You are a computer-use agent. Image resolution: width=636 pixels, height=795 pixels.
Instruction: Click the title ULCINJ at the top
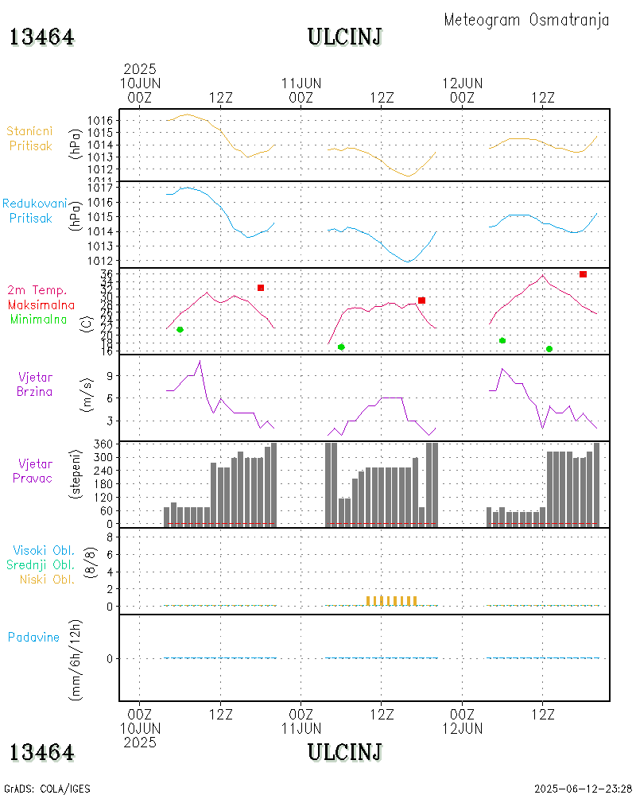pos(345,37)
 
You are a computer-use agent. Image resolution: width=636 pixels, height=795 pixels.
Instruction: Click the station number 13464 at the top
pos(42,37)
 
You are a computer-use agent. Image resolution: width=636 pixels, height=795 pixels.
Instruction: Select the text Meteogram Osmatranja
pos(526,20)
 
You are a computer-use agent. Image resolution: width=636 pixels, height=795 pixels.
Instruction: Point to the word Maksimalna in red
pos(41,304)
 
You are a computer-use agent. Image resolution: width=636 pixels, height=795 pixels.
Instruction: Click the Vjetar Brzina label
pos(37,383)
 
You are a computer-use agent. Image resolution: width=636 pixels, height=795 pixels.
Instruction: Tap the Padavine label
pos(33,637)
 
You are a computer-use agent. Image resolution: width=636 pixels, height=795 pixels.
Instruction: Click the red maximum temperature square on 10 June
pos(260,287)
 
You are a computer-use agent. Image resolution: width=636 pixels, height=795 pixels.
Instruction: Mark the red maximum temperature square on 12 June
pos(583,274)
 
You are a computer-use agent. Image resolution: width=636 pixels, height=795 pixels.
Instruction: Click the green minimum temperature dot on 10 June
pos(180,329)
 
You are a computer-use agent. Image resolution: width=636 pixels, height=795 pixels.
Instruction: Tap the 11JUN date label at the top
pos(301,83)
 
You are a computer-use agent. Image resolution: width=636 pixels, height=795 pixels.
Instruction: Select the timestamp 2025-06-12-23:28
pos(583,789)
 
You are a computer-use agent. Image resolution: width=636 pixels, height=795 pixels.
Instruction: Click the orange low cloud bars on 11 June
pos(391,600)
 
